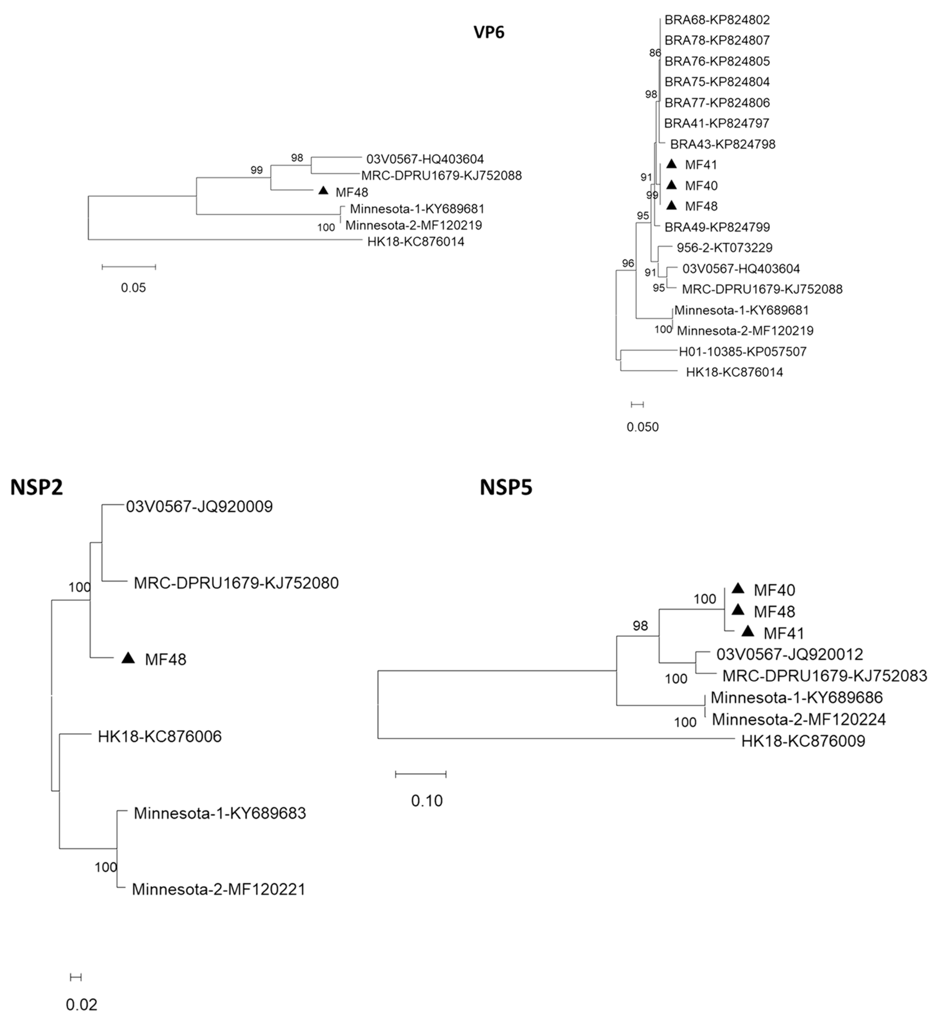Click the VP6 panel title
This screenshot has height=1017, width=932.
click(489, 32)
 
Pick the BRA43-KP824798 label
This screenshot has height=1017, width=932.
click(722, 144)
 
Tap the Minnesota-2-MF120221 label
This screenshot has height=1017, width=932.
click(218, 889)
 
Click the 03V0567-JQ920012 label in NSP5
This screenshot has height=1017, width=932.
click(789, 654)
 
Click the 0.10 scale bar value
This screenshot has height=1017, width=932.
click(427, 801)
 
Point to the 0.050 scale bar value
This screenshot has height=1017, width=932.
click(642, 427)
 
